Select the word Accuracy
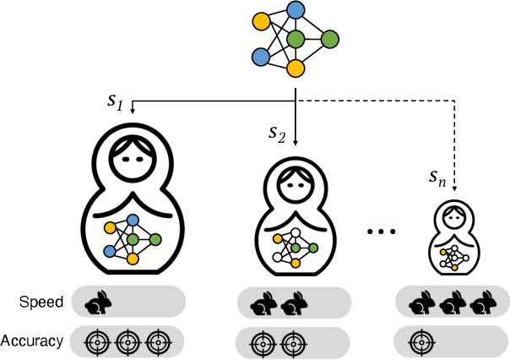click(32, 341)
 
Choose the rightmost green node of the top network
click(329, 39)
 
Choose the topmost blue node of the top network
click(296, 11)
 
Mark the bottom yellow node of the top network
click(296, 68)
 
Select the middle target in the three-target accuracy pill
click(127, 342)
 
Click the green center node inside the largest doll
click(132, 240)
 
